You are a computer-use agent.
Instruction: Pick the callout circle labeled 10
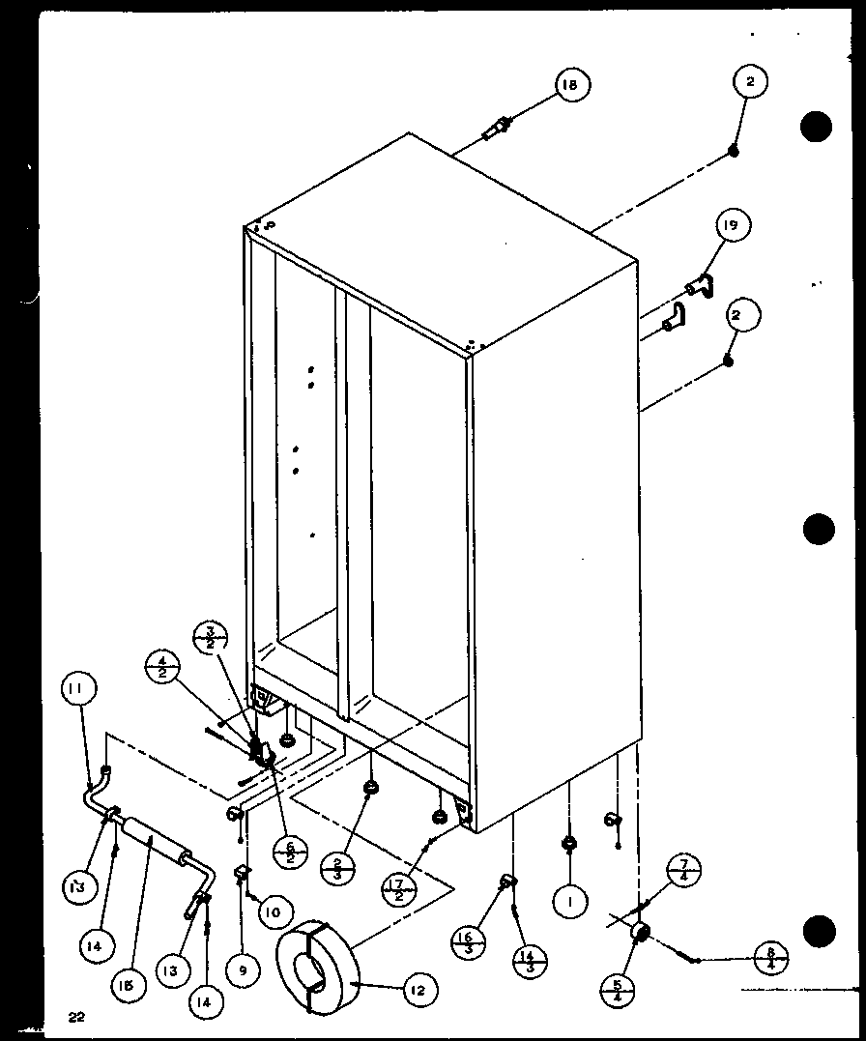pos(274,911)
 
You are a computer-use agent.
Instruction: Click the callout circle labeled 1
pos(572,903)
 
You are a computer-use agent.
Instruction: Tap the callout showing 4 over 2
pos(161,668)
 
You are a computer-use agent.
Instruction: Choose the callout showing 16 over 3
pos(469,940)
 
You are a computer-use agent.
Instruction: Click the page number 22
pos(76,1015)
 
